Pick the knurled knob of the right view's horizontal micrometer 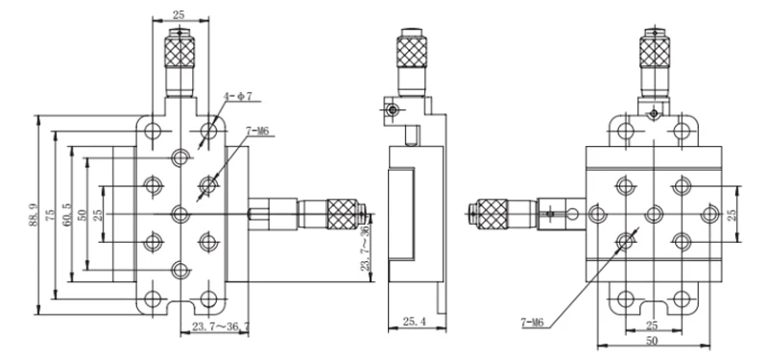click(492, 210)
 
